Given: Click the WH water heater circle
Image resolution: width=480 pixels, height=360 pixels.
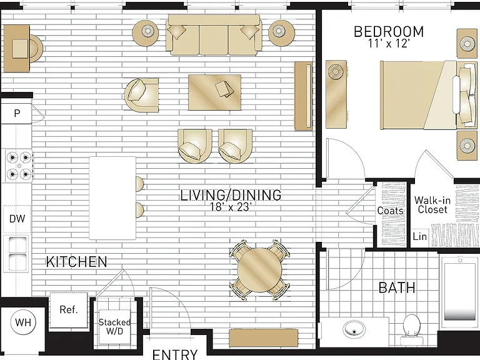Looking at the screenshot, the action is point(23,322).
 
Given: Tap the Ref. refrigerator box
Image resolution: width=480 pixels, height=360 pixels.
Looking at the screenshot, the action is point(69,310).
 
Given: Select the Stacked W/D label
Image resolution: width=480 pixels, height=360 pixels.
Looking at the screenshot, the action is point(114,326).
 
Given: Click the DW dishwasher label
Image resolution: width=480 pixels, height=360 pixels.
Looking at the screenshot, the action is point(17,219).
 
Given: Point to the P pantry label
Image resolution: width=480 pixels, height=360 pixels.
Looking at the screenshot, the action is point(17,114).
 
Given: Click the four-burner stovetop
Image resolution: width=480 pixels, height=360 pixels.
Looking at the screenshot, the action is point(19,166).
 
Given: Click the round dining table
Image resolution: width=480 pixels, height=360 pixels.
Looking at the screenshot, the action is point(259,270).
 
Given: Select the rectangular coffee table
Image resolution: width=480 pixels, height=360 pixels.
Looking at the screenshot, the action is point(214,92).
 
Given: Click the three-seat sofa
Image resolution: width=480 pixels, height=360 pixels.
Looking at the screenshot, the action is point(214,35).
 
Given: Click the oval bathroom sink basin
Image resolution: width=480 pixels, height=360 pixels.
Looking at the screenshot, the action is point(354,330).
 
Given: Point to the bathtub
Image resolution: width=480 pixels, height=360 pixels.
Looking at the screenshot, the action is point(459,294).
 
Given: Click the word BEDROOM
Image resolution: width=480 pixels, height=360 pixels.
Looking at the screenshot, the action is point(389,32).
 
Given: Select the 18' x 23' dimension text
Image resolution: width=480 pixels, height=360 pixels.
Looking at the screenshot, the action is point(231,207).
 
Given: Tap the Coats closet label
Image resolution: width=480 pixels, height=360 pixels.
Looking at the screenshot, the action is point(390,211).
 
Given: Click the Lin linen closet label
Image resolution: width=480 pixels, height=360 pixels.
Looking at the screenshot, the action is point(419,236).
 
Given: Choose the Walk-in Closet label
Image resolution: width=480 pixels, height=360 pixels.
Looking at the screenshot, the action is point(432,205).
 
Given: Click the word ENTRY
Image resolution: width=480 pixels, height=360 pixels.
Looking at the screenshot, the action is point(175,354).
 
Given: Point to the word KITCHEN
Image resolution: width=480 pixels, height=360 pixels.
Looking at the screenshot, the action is point(76,262).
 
